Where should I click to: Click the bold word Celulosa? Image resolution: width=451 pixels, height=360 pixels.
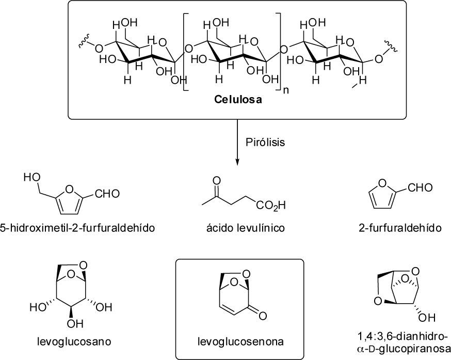click(238, 100)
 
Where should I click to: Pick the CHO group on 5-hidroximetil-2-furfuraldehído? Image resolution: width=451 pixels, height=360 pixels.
click(107, 194)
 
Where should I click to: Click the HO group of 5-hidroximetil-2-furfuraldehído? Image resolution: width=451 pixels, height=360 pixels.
click(30, 178)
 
